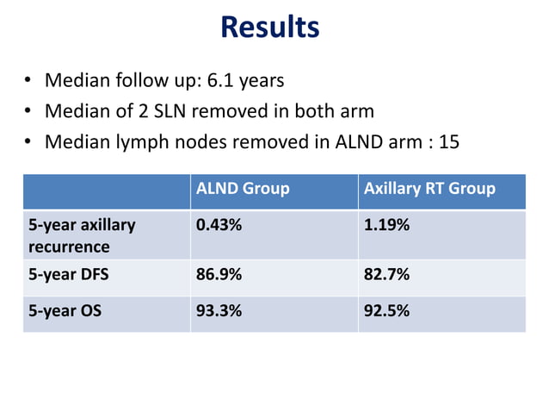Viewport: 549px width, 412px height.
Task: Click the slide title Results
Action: pyautogui.click(x=269, y=27)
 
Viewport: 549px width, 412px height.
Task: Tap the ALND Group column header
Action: pyautogui.click(x=243, y=189)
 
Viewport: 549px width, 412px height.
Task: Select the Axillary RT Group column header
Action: pyautogui.click(x=429, y=189)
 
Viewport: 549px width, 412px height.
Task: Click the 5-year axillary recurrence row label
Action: pyautogui.click(x=82, y=236)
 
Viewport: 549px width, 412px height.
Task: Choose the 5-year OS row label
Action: pyautogui.click(x=65, y=310)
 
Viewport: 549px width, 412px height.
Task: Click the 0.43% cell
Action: pyautogui.click(x=219, y=226)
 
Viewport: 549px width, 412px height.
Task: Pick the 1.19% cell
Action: pyautogui.click(x=386, y=226)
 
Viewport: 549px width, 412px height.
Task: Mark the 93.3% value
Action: pyautogui.click(x=219, y=310)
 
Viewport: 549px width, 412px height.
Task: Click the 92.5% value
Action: pyautogui.click(x=386, y=310)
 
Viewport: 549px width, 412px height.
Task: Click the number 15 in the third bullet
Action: pyautogui.click(x=449, y=141)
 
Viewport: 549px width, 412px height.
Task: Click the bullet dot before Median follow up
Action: pyautogui.click(x=28, y=82)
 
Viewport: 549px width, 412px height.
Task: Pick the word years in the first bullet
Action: pyautogui.click(x=262, y=82)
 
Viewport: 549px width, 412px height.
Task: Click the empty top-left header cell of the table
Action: pyautogui.click(x=106, y=190)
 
